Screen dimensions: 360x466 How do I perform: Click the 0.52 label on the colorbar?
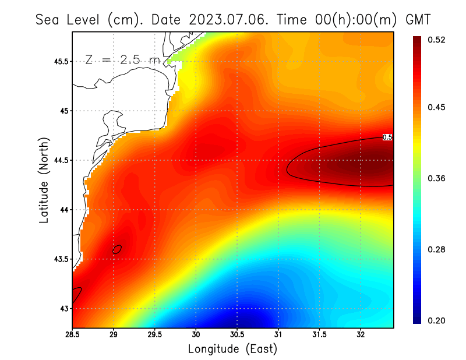pos(437,40)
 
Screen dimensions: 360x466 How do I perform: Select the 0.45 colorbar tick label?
pos(437,107)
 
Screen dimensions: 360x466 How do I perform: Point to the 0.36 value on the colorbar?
pos(437,178)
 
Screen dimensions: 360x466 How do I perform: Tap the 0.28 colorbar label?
pos(437,249)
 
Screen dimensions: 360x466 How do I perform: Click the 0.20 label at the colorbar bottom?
pos(437,320)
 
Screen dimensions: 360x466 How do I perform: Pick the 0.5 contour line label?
pos(387,137)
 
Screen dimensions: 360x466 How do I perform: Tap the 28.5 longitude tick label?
pos(72,334)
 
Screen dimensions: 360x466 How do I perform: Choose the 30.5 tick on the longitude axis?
pos(236,334)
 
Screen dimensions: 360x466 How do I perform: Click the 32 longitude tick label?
pos(361,334)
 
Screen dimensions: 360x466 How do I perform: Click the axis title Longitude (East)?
pos(232,349)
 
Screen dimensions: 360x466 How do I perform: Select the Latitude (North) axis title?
pos(44,179)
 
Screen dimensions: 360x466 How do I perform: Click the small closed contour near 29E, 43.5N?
pos(117,249)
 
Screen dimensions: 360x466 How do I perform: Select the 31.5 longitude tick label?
pos(319,334)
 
